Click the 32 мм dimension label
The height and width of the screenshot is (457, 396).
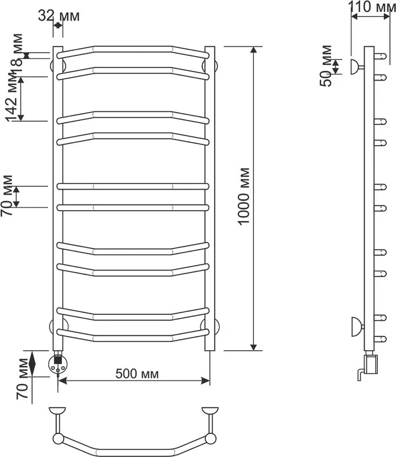[x=59, y=16]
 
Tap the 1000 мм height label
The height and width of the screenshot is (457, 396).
[x=244, y=196]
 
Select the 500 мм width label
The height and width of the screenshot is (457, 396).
[x=137, y=374]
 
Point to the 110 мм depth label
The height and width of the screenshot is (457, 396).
[x=372, y=7]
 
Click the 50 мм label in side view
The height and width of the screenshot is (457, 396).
[x=326, y=66]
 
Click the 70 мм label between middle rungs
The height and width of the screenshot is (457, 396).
[x=7, y=195]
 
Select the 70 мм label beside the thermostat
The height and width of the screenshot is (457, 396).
[x=22, y=379]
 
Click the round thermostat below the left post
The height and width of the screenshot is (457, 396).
[x=59, y=364]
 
